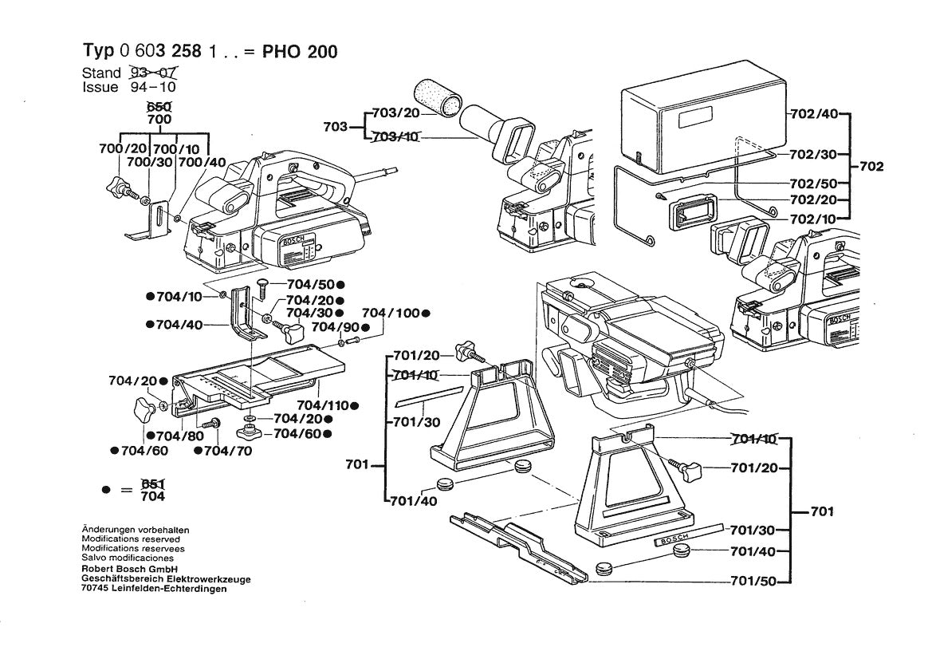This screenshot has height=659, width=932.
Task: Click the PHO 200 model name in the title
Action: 300,52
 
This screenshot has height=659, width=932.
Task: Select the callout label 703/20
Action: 395,114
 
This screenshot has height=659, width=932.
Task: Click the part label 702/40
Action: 814,113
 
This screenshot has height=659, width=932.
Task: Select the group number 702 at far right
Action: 872,168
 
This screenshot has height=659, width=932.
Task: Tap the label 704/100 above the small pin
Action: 390,313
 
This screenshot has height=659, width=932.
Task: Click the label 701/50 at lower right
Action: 752,581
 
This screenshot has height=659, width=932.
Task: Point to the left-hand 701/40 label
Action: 414,502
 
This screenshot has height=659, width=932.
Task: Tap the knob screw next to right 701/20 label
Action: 687,465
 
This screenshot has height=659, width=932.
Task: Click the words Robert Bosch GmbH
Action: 122,569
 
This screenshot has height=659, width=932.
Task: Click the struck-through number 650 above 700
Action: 159,107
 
